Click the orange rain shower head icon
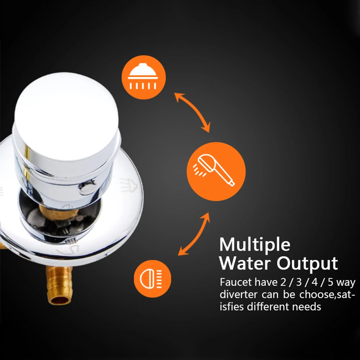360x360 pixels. click(x=144, y=77)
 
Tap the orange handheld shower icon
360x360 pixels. click(x=216, y=171)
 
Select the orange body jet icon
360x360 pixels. click(x=152, y=279)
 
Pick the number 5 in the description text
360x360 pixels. click(x=330, y=282)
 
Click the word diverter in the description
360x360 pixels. click(x=239, y=294)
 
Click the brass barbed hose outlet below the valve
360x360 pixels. click(x=59, y=285)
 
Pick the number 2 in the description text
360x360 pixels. click(x=283, y=282)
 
